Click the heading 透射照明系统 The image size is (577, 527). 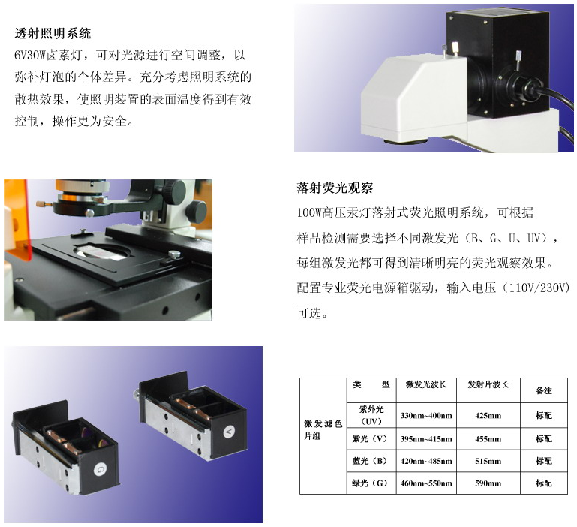[53, 34]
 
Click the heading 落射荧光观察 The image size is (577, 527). [335, 188]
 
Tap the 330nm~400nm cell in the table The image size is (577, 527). [426, 415]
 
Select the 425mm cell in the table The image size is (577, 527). [488, 415]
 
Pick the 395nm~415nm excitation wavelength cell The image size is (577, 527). [426, 439]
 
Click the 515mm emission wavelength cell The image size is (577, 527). [488, 461]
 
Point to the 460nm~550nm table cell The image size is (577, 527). [426, 483]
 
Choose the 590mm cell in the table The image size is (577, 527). [488, 483]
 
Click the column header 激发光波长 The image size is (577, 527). [426, 385]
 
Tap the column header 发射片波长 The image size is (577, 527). [488, 385]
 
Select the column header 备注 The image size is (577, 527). [544, 390]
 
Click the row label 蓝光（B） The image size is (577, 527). [370, 461]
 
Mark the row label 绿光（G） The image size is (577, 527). [370, 483]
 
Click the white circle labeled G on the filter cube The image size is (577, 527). [100, 469]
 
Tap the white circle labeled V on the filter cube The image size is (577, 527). [229, 431]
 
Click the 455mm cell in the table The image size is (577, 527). [488, 439]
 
